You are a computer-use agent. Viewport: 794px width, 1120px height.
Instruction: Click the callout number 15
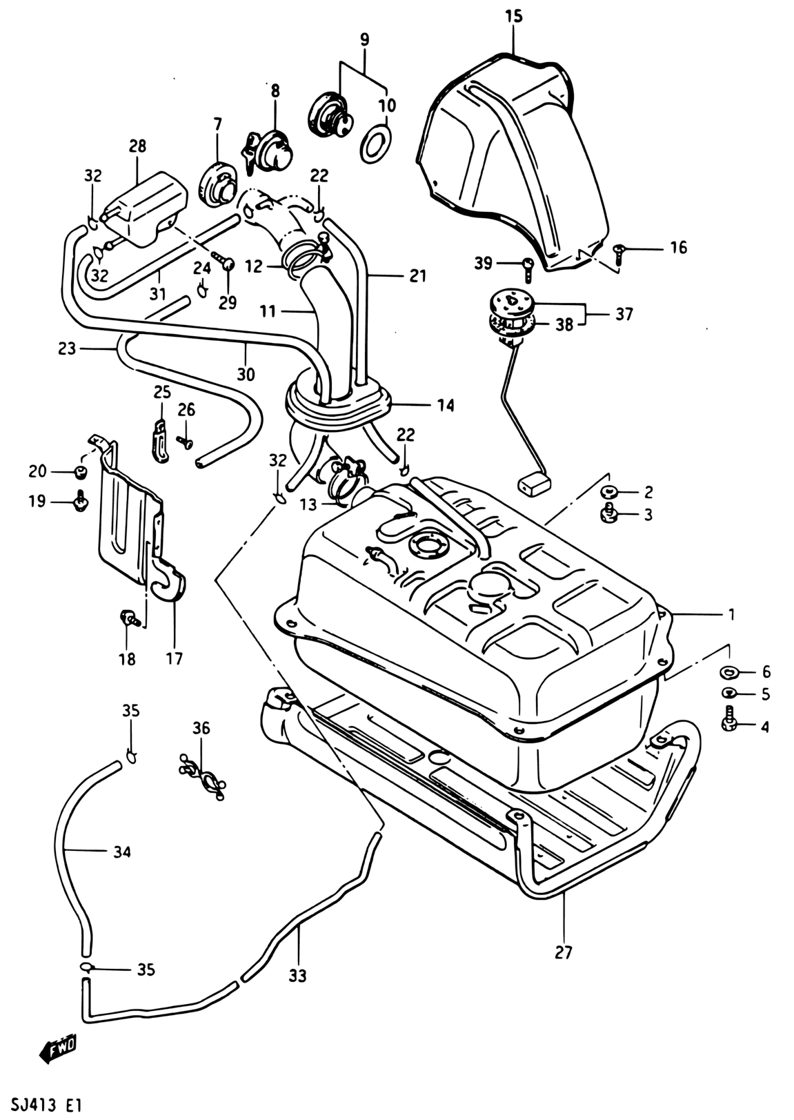pos(514,16)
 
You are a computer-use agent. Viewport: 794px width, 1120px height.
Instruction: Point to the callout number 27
pos(563,953)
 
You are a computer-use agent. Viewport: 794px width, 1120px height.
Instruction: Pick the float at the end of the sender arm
pos(534,486)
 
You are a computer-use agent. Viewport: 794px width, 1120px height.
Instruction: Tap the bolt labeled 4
pos(728,720)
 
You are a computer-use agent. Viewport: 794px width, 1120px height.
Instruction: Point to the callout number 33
pos(298,976)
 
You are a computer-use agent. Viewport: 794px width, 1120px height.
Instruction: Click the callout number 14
pos(446,405)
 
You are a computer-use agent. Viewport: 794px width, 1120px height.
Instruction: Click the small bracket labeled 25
pos(159,441)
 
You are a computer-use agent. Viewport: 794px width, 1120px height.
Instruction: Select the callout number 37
pos(624,314)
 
